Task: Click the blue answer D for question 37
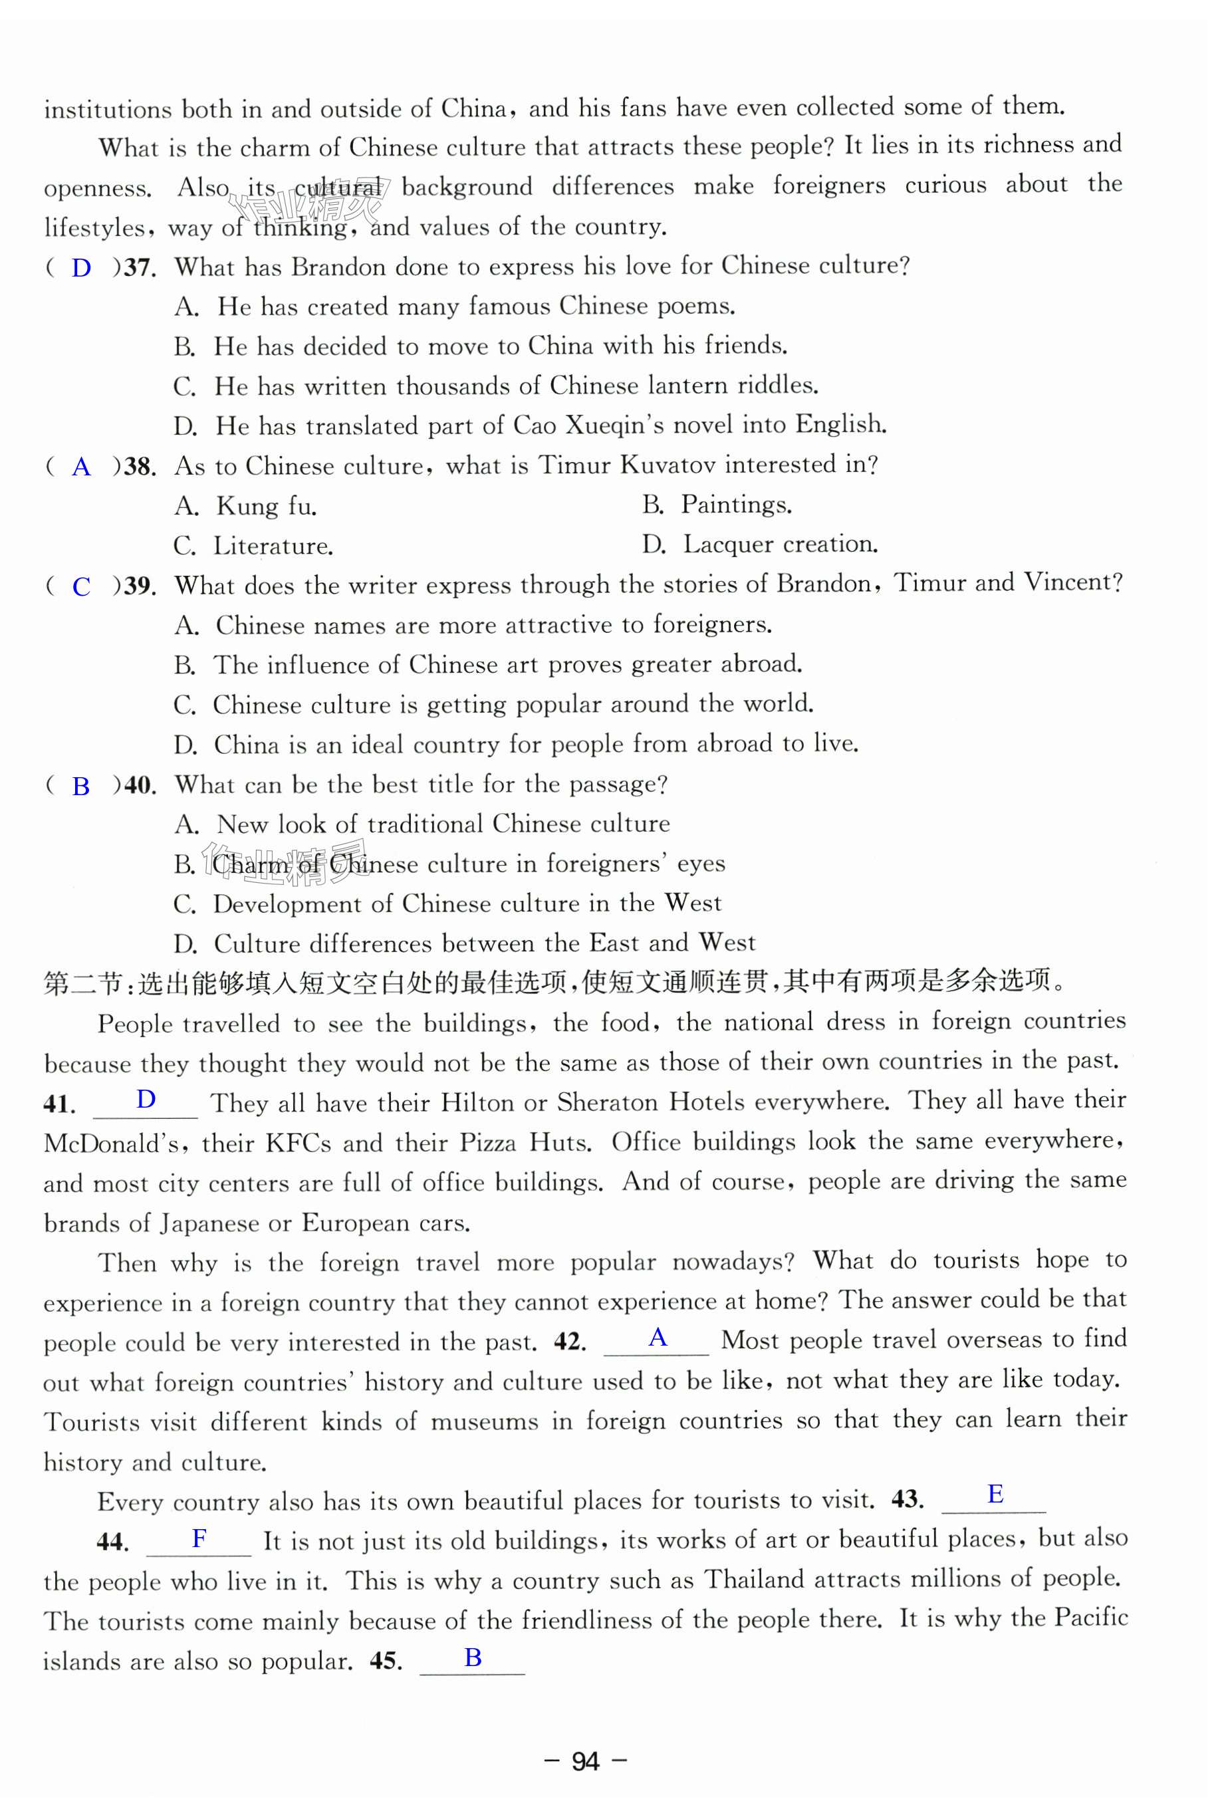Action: [x=81, y=269]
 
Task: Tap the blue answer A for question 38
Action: [x=81, y=467]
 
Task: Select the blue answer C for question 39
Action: [x=81, y=586]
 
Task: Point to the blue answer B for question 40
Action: [x=81, y=786]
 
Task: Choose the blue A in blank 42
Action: [x=658, y=1338]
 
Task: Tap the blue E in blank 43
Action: [x=995, y=1494]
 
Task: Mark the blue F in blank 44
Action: [x=199, y=1538]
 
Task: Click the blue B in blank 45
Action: [x=473, y=1657]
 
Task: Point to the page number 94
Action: [x=585, y=1761]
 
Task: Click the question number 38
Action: [x=139, y=467]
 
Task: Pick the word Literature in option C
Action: [x=273, y=546]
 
